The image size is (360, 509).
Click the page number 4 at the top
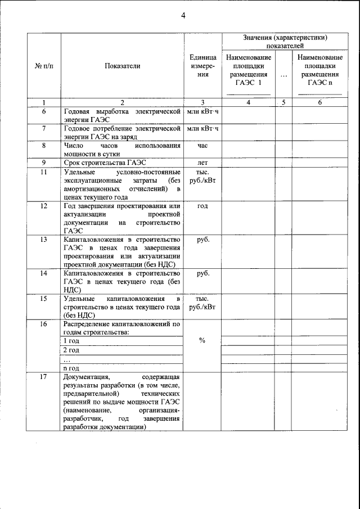pos(183,15)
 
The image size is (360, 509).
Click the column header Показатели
pos(122,66)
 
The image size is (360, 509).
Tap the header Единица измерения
pos(202,66)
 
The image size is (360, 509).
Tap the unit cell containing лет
pos(202,163)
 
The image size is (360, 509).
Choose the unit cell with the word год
pos(202,206)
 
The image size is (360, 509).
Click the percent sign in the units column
pos(202,340)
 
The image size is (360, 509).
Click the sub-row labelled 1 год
pos(71,341)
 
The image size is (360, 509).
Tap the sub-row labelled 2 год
pos(71,350)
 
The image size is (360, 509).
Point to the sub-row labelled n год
pos(71,368)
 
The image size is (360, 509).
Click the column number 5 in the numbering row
pos(283,102)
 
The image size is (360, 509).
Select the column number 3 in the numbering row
pos(202,102)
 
